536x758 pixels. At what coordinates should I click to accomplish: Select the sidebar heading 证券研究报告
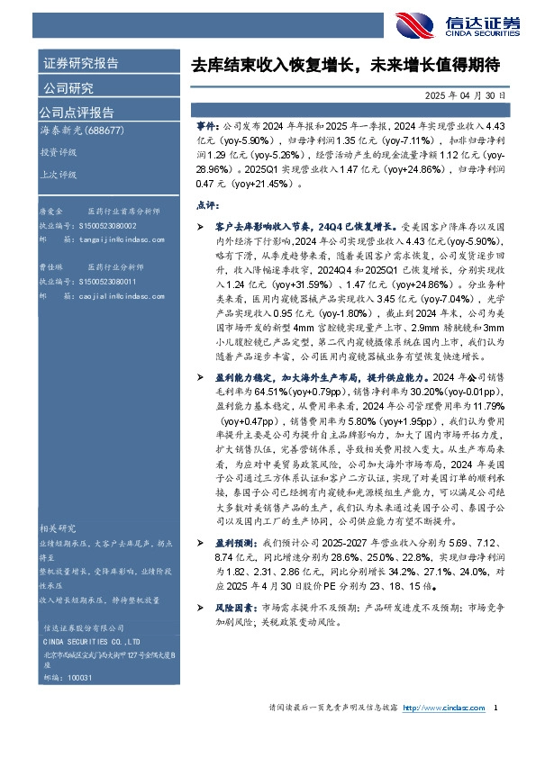(x=81, y=64)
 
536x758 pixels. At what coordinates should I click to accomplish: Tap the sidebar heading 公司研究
(x=68, y=88)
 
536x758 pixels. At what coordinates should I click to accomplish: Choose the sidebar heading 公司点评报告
(x=77, y=113)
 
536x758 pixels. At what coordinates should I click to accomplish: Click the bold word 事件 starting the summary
(x=205, y=130)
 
